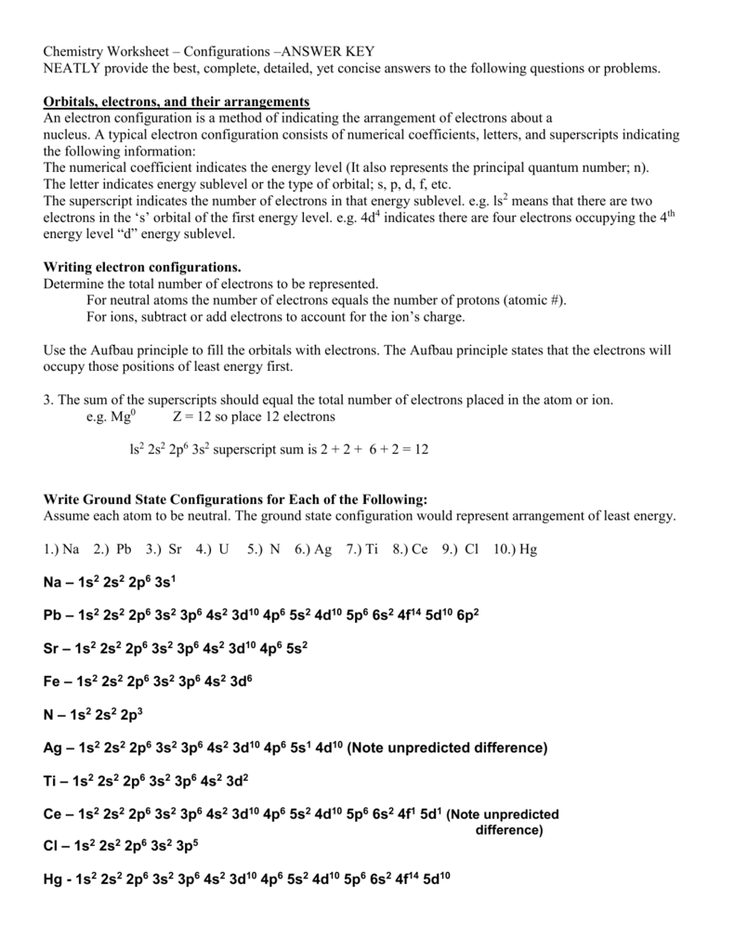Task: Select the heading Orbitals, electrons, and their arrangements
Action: (177, 101)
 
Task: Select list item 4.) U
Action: (213, 549)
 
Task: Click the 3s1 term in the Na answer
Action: (164, 582)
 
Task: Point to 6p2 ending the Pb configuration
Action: (467, 615)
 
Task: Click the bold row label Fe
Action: (52, 681)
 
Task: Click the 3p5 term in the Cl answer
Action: (186, 847)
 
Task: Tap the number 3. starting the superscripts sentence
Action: (48, 400)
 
